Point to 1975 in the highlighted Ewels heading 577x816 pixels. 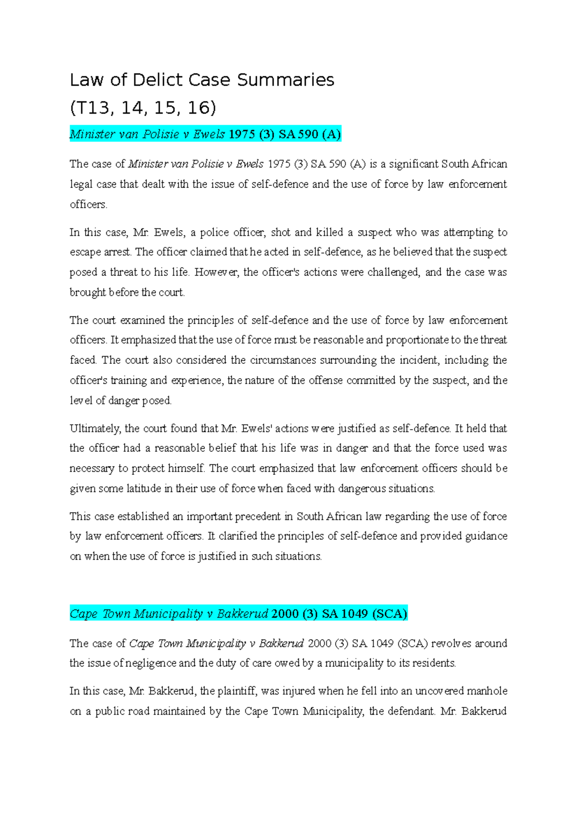242,134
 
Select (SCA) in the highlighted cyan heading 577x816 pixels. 389,614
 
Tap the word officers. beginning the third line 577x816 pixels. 88,204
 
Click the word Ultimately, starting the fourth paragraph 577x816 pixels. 95,428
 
